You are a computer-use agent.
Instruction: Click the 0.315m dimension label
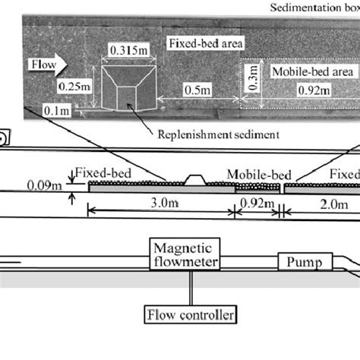(124, 49)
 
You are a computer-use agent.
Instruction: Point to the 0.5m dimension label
(197, 90)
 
